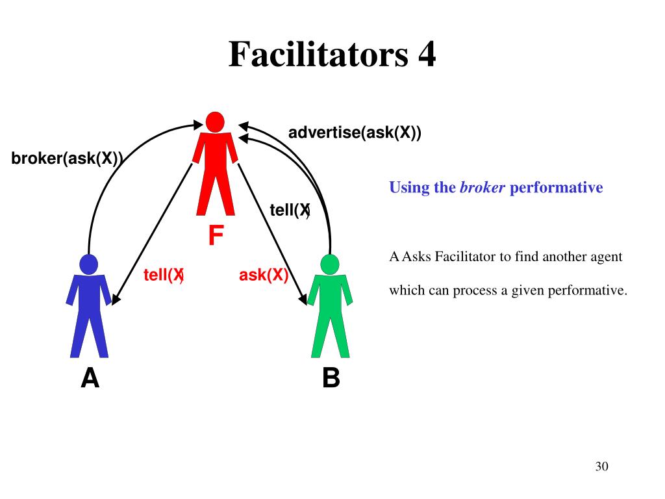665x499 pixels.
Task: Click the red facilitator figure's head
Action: tap(215, 122)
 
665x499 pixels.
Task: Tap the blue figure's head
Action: tap(88, 264)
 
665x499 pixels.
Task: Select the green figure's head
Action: tap(330, 264)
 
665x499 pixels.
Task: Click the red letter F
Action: tap(216, 236)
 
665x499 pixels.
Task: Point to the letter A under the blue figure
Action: tap(90, 377)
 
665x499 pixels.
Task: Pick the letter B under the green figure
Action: tap(331, 377)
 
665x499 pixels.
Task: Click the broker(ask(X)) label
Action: tap(67, 159)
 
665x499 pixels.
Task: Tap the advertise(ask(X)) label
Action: tap(355, 133)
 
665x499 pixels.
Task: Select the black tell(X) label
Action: tap(290, 210)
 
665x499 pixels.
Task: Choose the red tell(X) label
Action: tap(164, 275)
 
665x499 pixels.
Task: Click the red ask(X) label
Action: tap(264, 275)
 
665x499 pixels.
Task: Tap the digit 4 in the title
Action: tap(426, 55)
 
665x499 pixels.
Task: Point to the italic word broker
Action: tap(482, 188)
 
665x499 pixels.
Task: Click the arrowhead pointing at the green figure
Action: tap(303, 300)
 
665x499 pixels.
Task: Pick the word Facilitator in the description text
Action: tap(465, 257)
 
